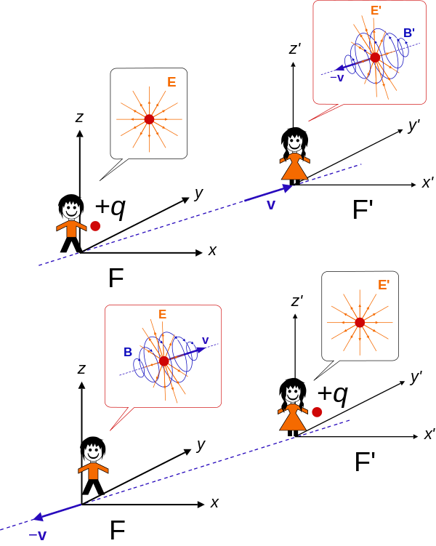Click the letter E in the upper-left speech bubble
[x=171, y=82]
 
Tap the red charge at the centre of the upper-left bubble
[x=149, y=119]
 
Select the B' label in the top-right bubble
[x=408, y=33]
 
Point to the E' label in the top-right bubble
[x=376, y=11]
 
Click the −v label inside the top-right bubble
[x=336, y=78]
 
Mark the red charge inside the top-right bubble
[x=375, y=57]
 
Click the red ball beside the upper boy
[x=95, y=226]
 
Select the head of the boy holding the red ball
[x=70, y=210]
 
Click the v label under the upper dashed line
[x=271, y=205]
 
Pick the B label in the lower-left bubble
[x=128, y=353]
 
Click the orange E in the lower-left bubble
[x=162, y=315]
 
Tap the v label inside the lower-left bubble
[x=205, y=340]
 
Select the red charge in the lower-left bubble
[x=163, y=361]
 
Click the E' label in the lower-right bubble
[x=383, y=285]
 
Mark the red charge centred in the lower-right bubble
[x=360, y=322]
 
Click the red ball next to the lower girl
[x=317, y=412]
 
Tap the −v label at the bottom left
[x=38, y=536]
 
